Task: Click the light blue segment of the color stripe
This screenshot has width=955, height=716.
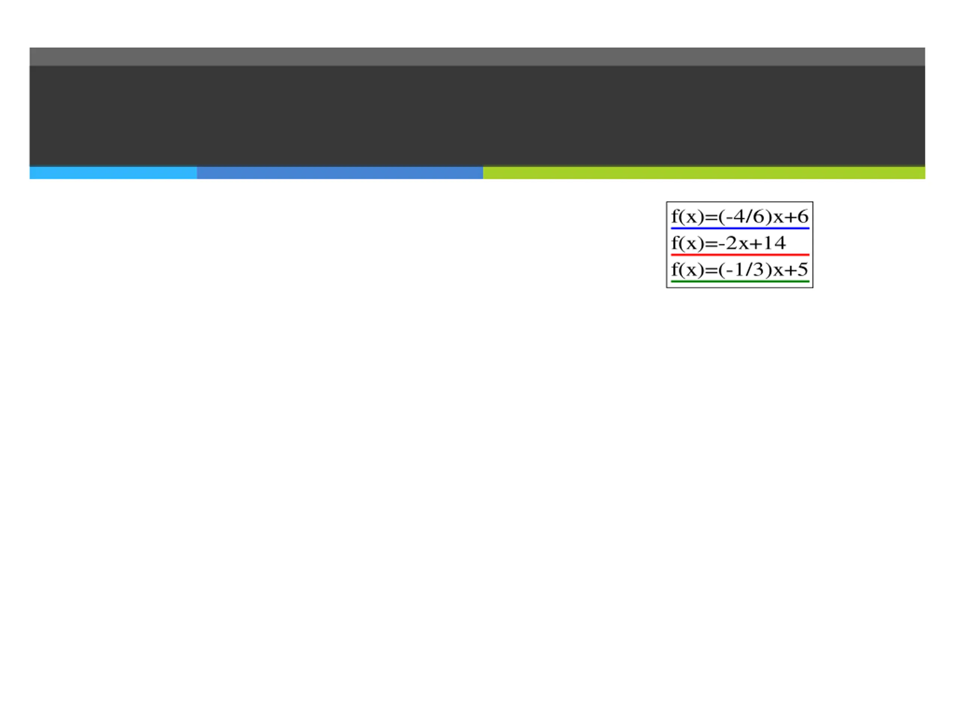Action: [x=113, y=173]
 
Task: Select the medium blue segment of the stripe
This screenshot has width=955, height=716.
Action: [x=340, y=173]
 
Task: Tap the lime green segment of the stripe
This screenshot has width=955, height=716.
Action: [x=704, y=173]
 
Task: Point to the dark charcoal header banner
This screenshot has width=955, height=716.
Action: [x=477, y=116]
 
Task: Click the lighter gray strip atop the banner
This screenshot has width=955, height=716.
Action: [x=477, y=57]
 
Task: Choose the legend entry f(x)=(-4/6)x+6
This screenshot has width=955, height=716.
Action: [x=739, y=217]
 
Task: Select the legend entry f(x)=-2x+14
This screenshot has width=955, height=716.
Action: [x=728, y=244]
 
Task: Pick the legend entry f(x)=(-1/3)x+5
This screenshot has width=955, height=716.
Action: [x=739, y=270]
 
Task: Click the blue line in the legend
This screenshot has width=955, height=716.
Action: [x=739, y=228]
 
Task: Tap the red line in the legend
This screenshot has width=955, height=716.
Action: [x=739, y=255]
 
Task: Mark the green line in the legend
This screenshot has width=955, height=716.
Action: [x=739, y=282]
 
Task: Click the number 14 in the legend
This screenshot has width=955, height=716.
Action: [x=774, y=244]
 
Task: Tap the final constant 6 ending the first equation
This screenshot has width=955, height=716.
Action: [x=802, y=217]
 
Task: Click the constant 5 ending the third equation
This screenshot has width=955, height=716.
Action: [x=802, y=270]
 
